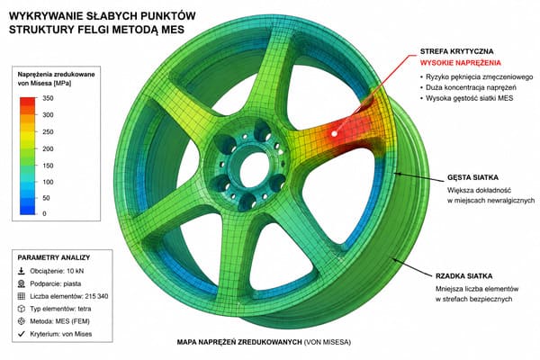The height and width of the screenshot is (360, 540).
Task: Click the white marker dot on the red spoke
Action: pos(334,134)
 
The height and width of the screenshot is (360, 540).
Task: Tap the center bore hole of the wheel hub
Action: pos(254,170)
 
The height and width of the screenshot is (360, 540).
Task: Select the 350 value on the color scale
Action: pos(48,98)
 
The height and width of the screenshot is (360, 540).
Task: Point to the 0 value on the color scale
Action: pos(44,213)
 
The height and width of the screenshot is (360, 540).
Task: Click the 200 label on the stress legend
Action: pos(48,148)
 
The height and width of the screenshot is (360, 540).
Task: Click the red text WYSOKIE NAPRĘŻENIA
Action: pos(461,63)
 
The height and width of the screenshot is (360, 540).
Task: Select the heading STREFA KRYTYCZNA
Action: pos(456,51)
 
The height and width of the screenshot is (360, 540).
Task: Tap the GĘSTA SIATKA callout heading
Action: pos(472,178)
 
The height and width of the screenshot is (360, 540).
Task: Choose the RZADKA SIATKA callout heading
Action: pos(463,276)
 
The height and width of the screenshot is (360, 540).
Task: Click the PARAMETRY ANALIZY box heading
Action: pos(54,257)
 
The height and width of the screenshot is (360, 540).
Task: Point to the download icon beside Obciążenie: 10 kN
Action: pos(22,271)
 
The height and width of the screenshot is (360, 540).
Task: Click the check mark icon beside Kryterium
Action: pos(22,334)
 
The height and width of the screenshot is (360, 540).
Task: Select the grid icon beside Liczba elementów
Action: pos(22,296)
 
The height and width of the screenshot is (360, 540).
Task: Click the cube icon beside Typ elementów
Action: pos(22,309)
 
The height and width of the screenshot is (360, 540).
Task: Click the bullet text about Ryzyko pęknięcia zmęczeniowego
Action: pos(479,76)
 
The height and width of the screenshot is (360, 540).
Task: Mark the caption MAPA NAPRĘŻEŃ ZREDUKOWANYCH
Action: pos(239,342)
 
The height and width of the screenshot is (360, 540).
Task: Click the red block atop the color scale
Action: pos(28,102)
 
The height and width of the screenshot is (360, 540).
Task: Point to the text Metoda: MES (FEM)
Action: pos(59,321)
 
